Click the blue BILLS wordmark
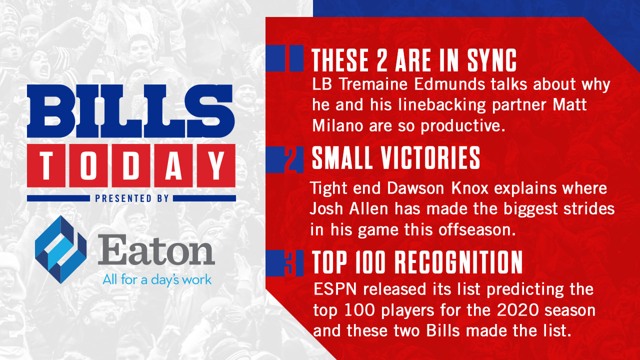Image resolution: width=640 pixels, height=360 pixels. click(x=131, y=111)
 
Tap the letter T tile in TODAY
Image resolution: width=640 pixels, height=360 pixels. click(x=46, y=165)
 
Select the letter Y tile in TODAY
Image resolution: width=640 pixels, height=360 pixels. click(x=216, y=165)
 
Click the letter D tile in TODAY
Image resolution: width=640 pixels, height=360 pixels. click(x=131, y=165)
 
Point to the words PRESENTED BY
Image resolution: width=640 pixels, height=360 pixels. click(x=132, y=198)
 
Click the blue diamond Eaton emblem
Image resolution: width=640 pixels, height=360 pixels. click(x=60, y=249)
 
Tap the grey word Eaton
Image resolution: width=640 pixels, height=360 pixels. click(x=156, y=249)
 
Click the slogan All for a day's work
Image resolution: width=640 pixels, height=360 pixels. click(x=157, y=279)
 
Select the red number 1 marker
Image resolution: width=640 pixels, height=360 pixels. click(x=287, y=58)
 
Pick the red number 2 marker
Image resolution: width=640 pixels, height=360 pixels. click(x=291, y=159)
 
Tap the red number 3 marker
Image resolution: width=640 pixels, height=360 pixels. click(x=290, y=263)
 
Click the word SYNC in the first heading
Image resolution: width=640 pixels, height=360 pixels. click(x=492, y=60)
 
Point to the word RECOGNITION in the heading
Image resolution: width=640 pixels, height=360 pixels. click(x=458, y=262)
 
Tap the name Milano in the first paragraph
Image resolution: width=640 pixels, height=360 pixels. click(x=337, y=125)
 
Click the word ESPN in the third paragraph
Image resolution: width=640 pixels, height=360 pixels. click(x=335, y=289)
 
